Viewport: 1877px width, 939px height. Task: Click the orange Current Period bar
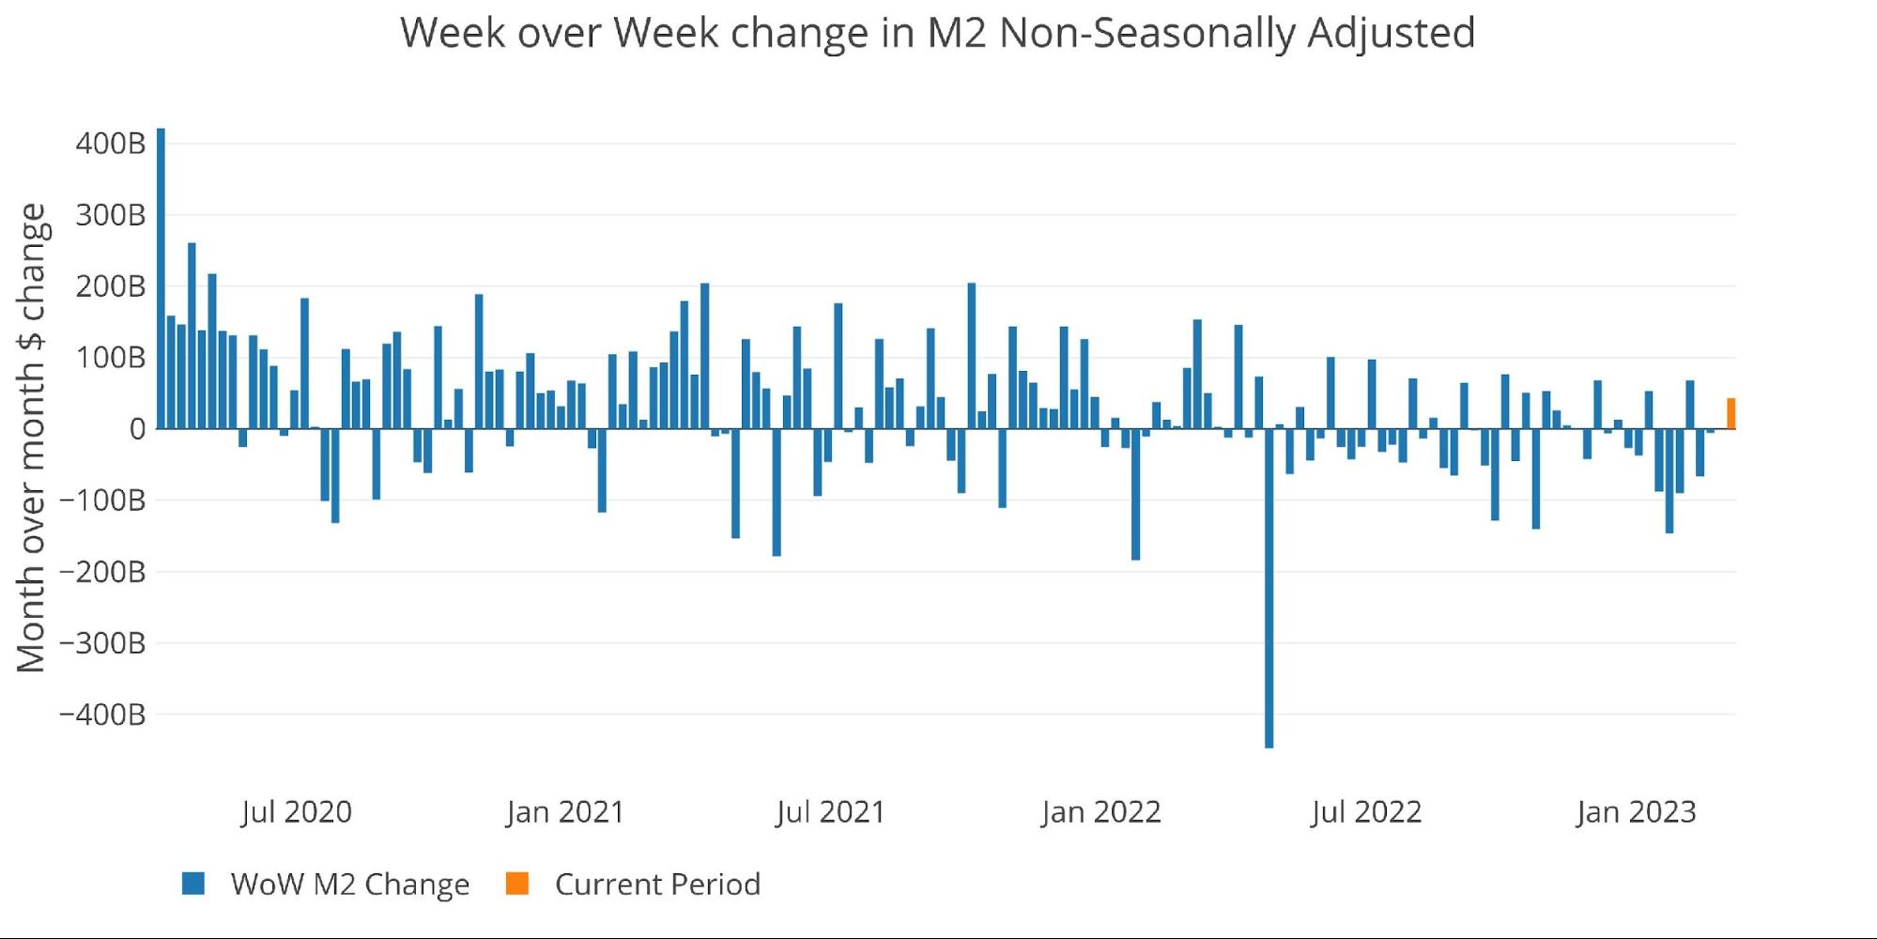(x=1731, y=414)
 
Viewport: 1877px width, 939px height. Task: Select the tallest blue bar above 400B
(x=161, y=278)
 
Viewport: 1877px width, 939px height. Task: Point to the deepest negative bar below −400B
(x=1269, y=588)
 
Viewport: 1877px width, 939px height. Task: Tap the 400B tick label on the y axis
(x=111, y=144)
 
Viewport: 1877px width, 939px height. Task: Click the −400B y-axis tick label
(x=102, y=715)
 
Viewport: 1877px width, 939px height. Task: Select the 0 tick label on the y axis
(x=137, y=429)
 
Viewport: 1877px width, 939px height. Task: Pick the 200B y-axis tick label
(x=111, y=286)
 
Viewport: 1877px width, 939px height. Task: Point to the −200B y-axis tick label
(x=102, y=572)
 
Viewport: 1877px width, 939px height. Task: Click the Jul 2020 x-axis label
(x=296, y=812)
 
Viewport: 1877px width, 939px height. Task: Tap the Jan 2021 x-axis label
(x=565, y=812)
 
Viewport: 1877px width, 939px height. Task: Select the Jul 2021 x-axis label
(x=830, y=812)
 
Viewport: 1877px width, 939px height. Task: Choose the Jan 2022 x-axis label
(x=1100, y=812)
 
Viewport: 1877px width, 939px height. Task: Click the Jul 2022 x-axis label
(x=1366, y=812)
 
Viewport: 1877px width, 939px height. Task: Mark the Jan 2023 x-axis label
(x=1636, y=812)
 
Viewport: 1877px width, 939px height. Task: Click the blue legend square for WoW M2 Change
(x=193, y=884)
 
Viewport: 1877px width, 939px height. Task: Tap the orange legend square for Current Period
(x=517, y=884)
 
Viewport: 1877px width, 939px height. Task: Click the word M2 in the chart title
(x=956, y=33)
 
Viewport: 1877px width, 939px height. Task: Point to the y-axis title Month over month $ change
(x=31, y=438)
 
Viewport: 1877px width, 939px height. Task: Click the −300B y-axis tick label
(x=102, y=643)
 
